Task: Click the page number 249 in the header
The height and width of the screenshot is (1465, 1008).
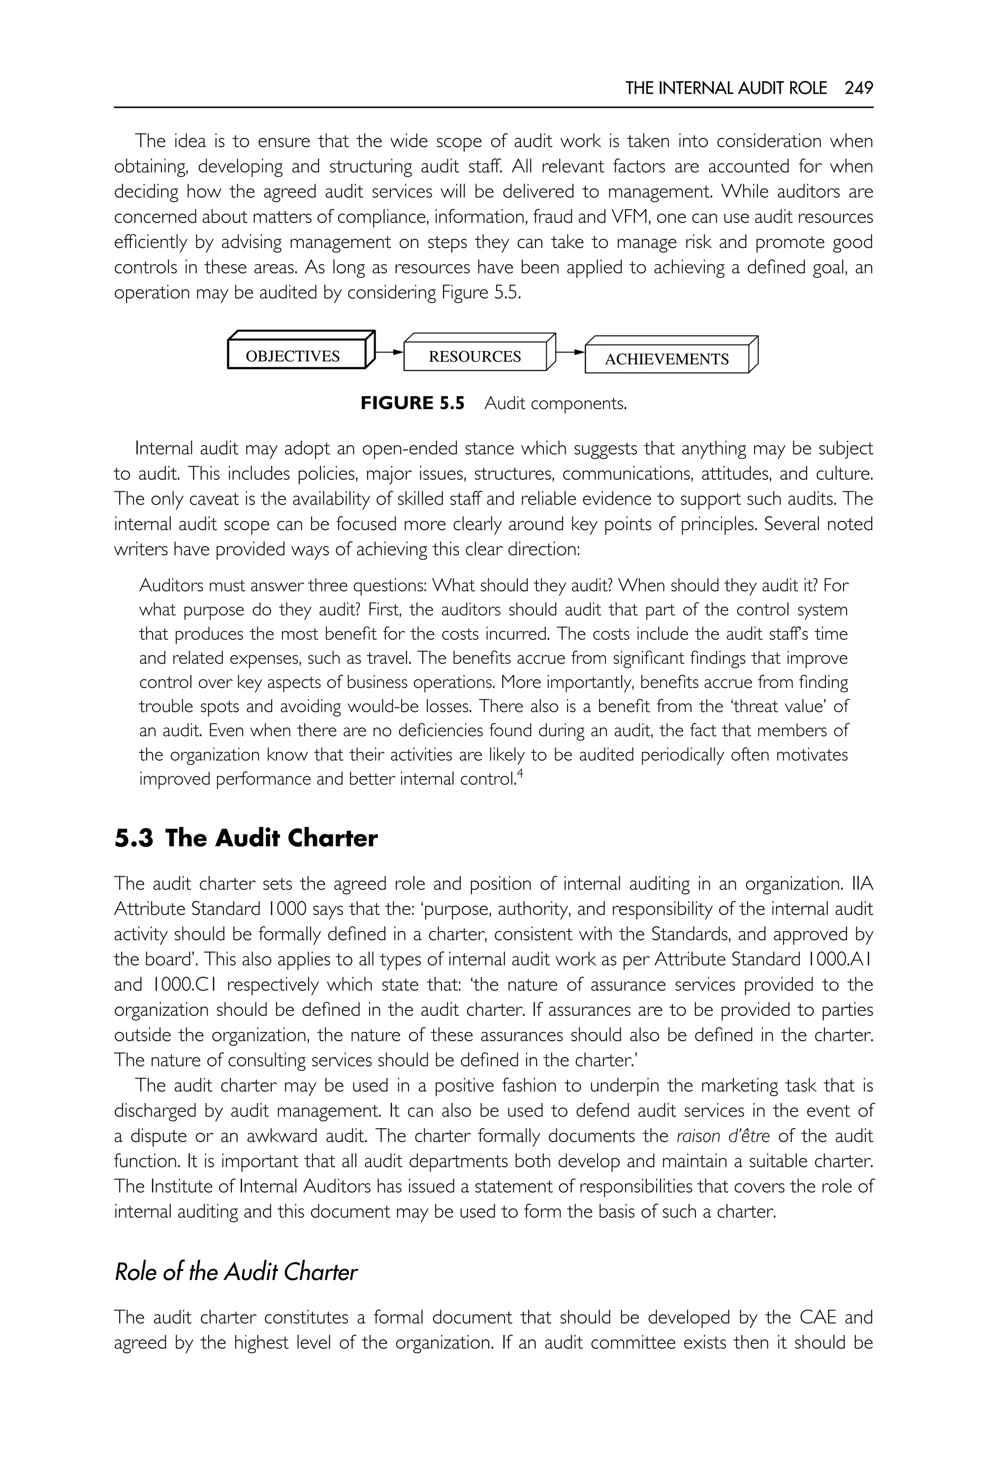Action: (x=858, y=89)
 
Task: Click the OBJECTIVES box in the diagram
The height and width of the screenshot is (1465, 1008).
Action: (x=292, y=356)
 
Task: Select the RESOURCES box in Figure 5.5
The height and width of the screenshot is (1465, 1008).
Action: (x=474, y=357)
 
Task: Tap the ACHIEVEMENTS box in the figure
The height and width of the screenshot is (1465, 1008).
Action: (x=666, y=359)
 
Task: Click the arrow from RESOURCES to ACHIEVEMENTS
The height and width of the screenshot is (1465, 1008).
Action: (x=570, y=352)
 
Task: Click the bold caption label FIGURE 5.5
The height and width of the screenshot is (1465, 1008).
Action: (x=412, y=403)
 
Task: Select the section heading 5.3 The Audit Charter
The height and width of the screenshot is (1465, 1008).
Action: (x=246, y=838)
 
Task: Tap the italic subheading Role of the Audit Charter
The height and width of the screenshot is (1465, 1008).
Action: (x=236, y=1271)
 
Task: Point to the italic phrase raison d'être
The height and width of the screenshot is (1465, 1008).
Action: (x=723, y=1136)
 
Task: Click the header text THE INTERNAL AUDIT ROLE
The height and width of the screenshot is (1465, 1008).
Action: (x=725, y=89)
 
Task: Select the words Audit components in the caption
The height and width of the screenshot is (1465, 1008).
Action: (x=555, y=403)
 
